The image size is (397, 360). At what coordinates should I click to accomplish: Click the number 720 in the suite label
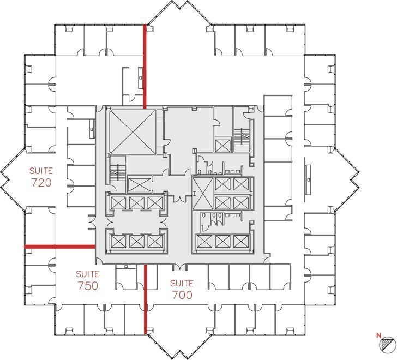point(41,183)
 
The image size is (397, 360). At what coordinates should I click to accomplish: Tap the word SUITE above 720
point(41,170)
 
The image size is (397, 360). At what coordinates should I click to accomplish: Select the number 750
point(88,285)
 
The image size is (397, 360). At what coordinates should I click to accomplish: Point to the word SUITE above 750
point(88,274)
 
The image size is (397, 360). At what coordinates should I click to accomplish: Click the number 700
point(182,295)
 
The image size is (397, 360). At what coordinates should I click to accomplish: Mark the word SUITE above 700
point(182,283)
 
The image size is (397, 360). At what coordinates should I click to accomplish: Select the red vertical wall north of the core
point(145,65)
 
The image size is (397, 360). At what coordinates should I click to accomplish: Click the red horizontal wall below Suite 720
point(60,247)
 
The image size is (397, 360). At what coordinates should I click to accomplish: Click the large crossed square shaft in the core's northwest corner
point(132,131)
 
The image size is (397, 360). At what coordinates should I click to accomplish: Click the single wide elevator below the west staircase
point(139,184)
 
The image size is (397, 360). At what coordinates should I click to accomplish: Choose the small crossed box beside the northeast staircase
point(222,145)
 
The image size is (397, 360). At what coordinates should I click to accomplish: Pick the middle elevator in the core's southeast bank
point(223,241)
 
